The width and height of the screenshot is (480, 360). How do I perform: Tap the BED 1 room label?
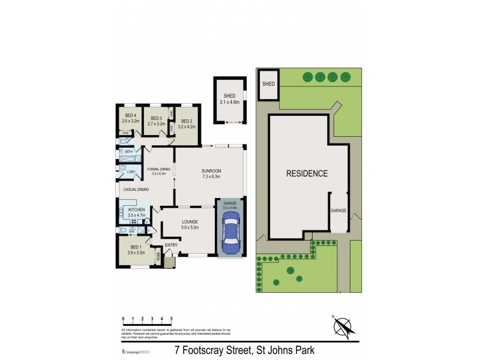pyautogui.click(x=136, y=247)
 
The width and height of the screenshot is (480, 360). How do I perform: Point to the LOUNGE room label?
pyautogui.click(x=190, y=221)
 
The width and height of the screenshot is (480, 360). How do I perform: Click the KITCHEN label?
pyautogui.click(x=137, y=209)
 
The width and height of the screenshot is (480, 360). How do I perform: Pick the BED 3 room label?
pyautogui.click(x=157, y=118)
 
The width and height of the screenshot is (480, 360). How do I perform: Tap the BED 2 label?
pyautogui.click(x=188, y=121)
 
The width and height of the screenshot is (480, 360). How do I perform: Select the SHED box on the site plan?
pyautogui.click(x=268, y=84)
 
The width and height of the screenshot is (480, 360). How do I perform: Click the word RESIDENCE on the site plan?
pyautogui.click(x=307, y=173)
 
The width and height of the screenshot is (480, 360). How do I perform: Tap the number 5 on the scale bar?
pyautogui.click(x=172, y=319)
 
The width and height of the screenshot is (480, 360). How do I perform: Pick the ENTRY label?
pyautogui.click(x=171, y=245)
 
